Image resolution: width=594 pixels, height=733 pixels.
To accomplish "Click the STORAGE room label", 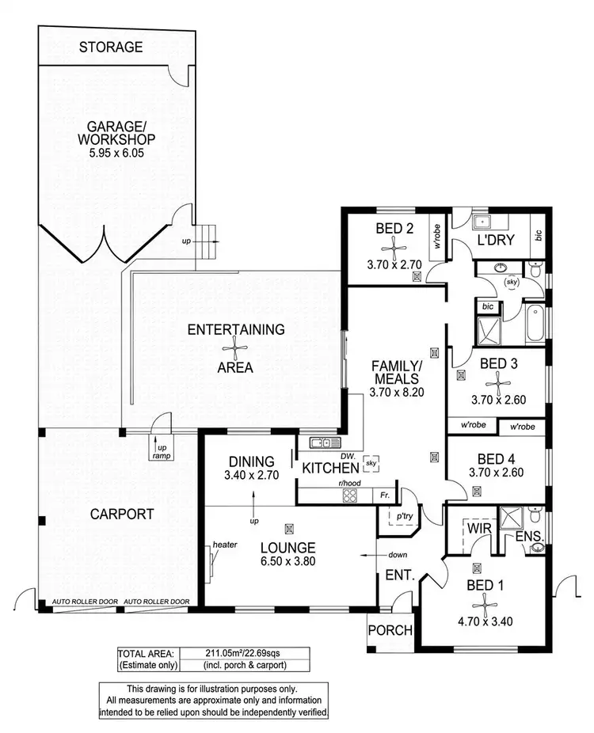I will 111,47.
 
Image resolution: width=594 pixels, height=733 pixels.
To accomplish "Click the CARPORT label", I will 121,514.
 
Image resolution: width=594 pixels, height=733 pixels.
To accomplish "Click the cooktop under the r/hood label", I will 350,496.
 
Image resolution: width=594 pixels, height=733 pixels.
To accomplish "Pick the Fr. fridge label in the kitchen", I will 384,496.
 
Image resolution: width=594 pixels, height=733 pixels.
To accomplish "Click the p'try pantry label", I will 394,515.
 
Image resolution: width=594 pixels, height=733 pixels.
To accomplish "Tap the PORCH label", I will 391,631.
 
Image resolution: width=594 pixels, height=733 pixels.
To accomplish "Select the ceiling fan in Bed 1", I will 485,605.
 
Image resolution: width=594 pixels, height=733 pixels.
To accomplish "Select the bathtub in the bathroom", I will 533,324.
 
